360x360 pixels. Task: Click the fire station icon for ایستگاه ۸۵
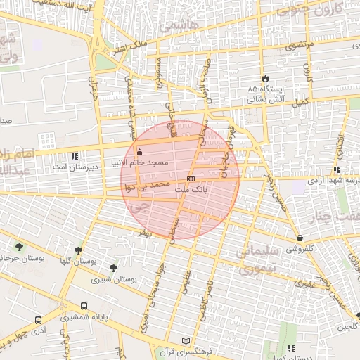[264, 78]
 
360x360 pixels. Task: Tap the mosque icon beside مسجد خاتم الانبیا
[139, 153]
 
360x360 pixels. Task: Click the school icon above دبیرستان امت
[75, 156]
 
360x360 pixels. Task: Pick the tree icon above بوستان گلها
[78, 250]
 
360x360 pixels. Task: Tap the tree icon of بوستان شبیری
[113, 267]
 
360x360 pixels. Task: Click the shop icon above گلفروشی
[300, 238]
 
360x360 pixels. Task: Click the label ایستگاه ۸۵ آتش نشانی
[265, 96]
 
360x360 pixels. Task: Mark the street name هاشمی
[180, 25]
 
